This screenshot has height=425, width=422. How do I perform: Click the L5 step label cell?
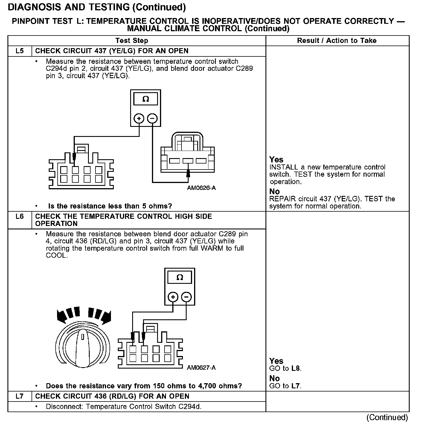click(x=19, y=51)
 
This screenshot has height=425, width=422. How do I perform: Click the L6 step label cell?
click(x=19, y=217)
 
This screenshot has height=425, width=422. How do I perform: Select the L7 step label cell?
click(x=19, y=396)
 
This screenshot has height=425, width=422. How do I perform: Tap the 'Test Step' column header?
click(x=132, y=41)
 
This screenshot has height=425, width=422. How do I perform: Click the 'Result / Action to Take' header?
click(x=337, y=41)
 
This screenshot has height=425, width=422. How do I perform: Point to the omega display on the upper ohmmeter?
click(x=146, y=99)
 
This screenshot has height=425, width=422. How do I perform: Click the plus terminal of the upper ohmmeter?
click(x=139, y=118)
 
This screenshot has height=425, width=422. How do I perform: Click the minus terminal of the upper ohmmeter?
click(x=153, y=118)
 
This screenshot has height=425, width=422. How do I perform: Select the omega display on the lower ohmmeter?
click(x=180, y=278)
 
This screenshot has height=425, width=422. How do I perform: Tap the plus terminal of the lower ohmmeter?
click(x=173, y=297)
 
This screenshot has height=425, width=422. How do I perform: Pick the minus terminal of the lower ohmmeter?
click(x=186, y=297)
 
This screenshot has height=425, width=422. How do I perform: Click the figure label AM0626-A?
click(x=201, y=188)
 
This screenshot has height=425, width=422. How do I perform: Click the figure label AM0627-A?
click(x=201, y=367)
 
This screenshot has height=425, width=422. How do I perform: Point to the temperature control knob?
click(x=82, y=347)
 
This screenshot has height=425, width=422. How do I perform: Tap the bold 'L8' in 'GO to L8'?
click(x=296, y=368)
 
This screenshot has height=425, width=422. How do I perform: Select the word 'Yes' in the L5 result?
click(x=276, y=160)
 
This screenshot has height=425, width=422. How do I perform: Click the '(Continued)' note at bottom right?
click(x=387, y=417)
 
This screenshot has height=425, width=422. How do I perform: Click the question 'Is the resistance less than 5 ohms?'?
click(x=110, y=206)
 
